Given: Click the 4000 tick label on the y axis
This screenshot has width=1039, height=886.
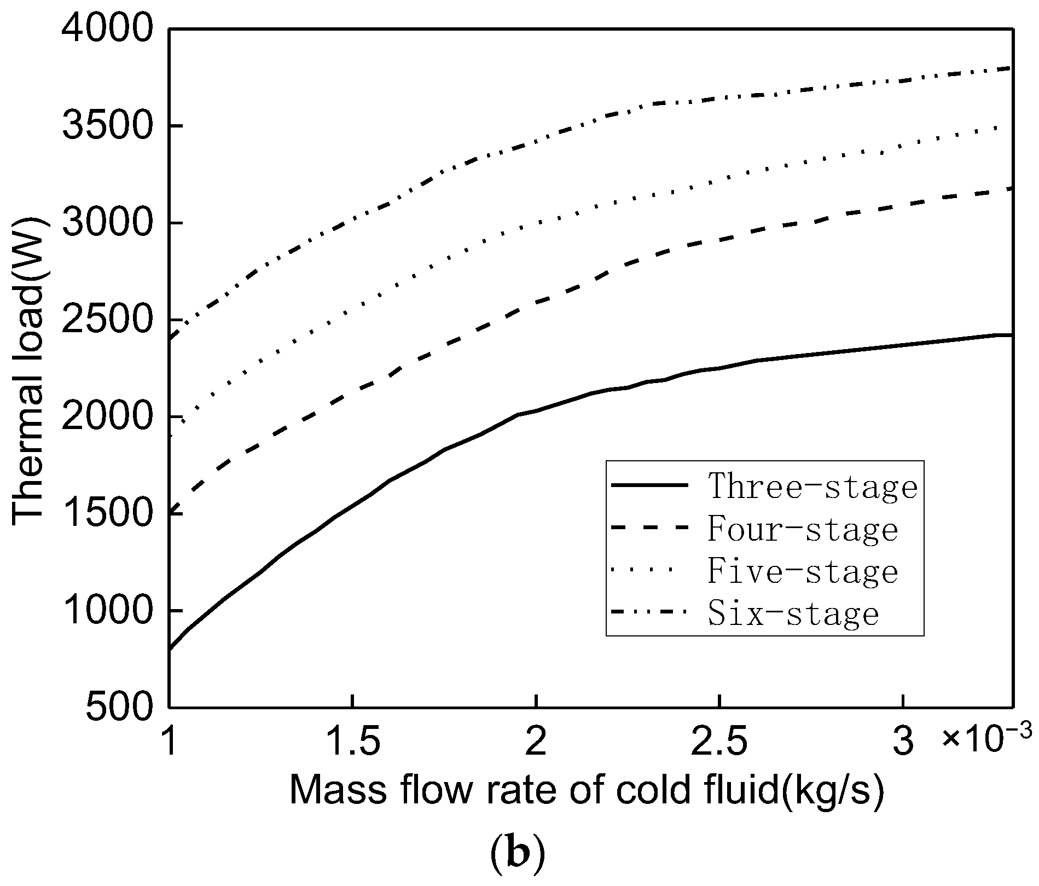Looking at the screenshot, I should coord(106,30).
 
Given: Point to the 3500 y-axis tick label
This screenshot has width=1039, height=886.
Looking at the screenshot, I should coord(106,127).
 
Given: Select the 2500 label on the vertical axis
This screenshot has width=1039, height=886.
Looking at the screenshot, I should coord(106,321).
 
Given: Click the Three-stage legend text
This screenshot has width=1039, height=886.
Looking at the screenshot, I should coord(812,486).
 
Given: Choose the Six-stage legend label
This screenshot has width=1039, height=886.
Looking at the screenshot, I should coord(793,613).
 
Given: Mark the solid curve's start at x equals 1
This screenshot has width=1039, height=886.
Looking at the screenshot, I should coord(170,649).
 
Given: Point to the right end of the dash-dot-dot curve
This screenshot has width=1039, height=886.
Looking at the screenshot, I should coord(1013,68).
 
